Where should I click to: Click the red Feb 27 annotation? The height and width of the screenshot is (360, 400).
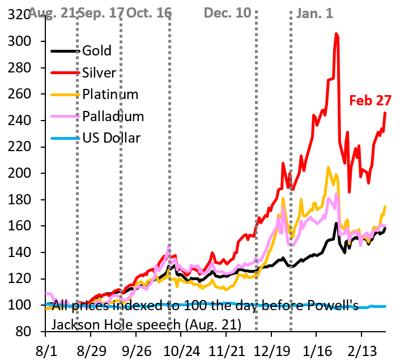(369, 101)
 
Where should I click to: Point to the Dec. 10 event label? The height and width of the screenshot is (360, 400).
(227, 12)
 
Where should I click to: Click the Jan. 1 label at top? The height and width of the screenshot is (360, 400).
(315, 12)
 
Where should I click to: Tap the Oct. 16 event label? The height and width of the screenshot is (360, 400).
(149, 12)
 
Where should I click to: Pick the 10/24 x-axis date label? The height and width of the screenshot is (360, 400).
(181, 346)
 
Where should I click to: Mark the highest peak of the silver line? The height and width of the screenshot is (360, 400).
(337, 34)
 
